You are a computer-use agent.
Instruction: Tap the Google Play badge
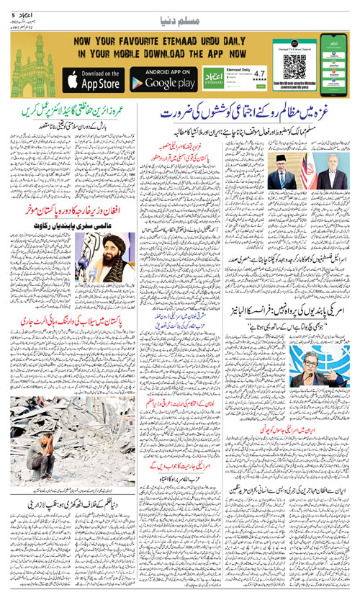click(x=163, y=79)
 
